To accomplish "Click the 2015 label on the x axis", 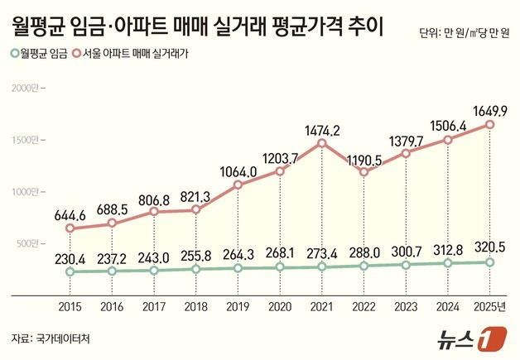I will pyautogui.click(x=70, y=306).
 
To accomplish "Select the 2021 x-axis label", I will pyautogui.click(x=321, y=306).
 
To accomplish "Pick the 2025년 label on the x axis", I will pyautogui.click(x=490, y=306).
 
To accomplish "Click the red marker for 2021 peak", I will pyautogui.click(x=322, y=143).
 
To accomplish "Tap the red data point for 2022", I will pyautogui.click(x=364, y=172).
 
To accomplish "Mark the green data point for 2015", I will pyautogui.click(x=70, y=271).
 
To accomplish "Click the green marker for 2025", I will pyautogui.click(x=490, y=262).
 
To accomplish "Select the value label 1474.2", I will pyautogui.click(x=321, y=127).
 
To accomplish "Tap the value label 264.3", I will pyautogui.click(x=238, y=252).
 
